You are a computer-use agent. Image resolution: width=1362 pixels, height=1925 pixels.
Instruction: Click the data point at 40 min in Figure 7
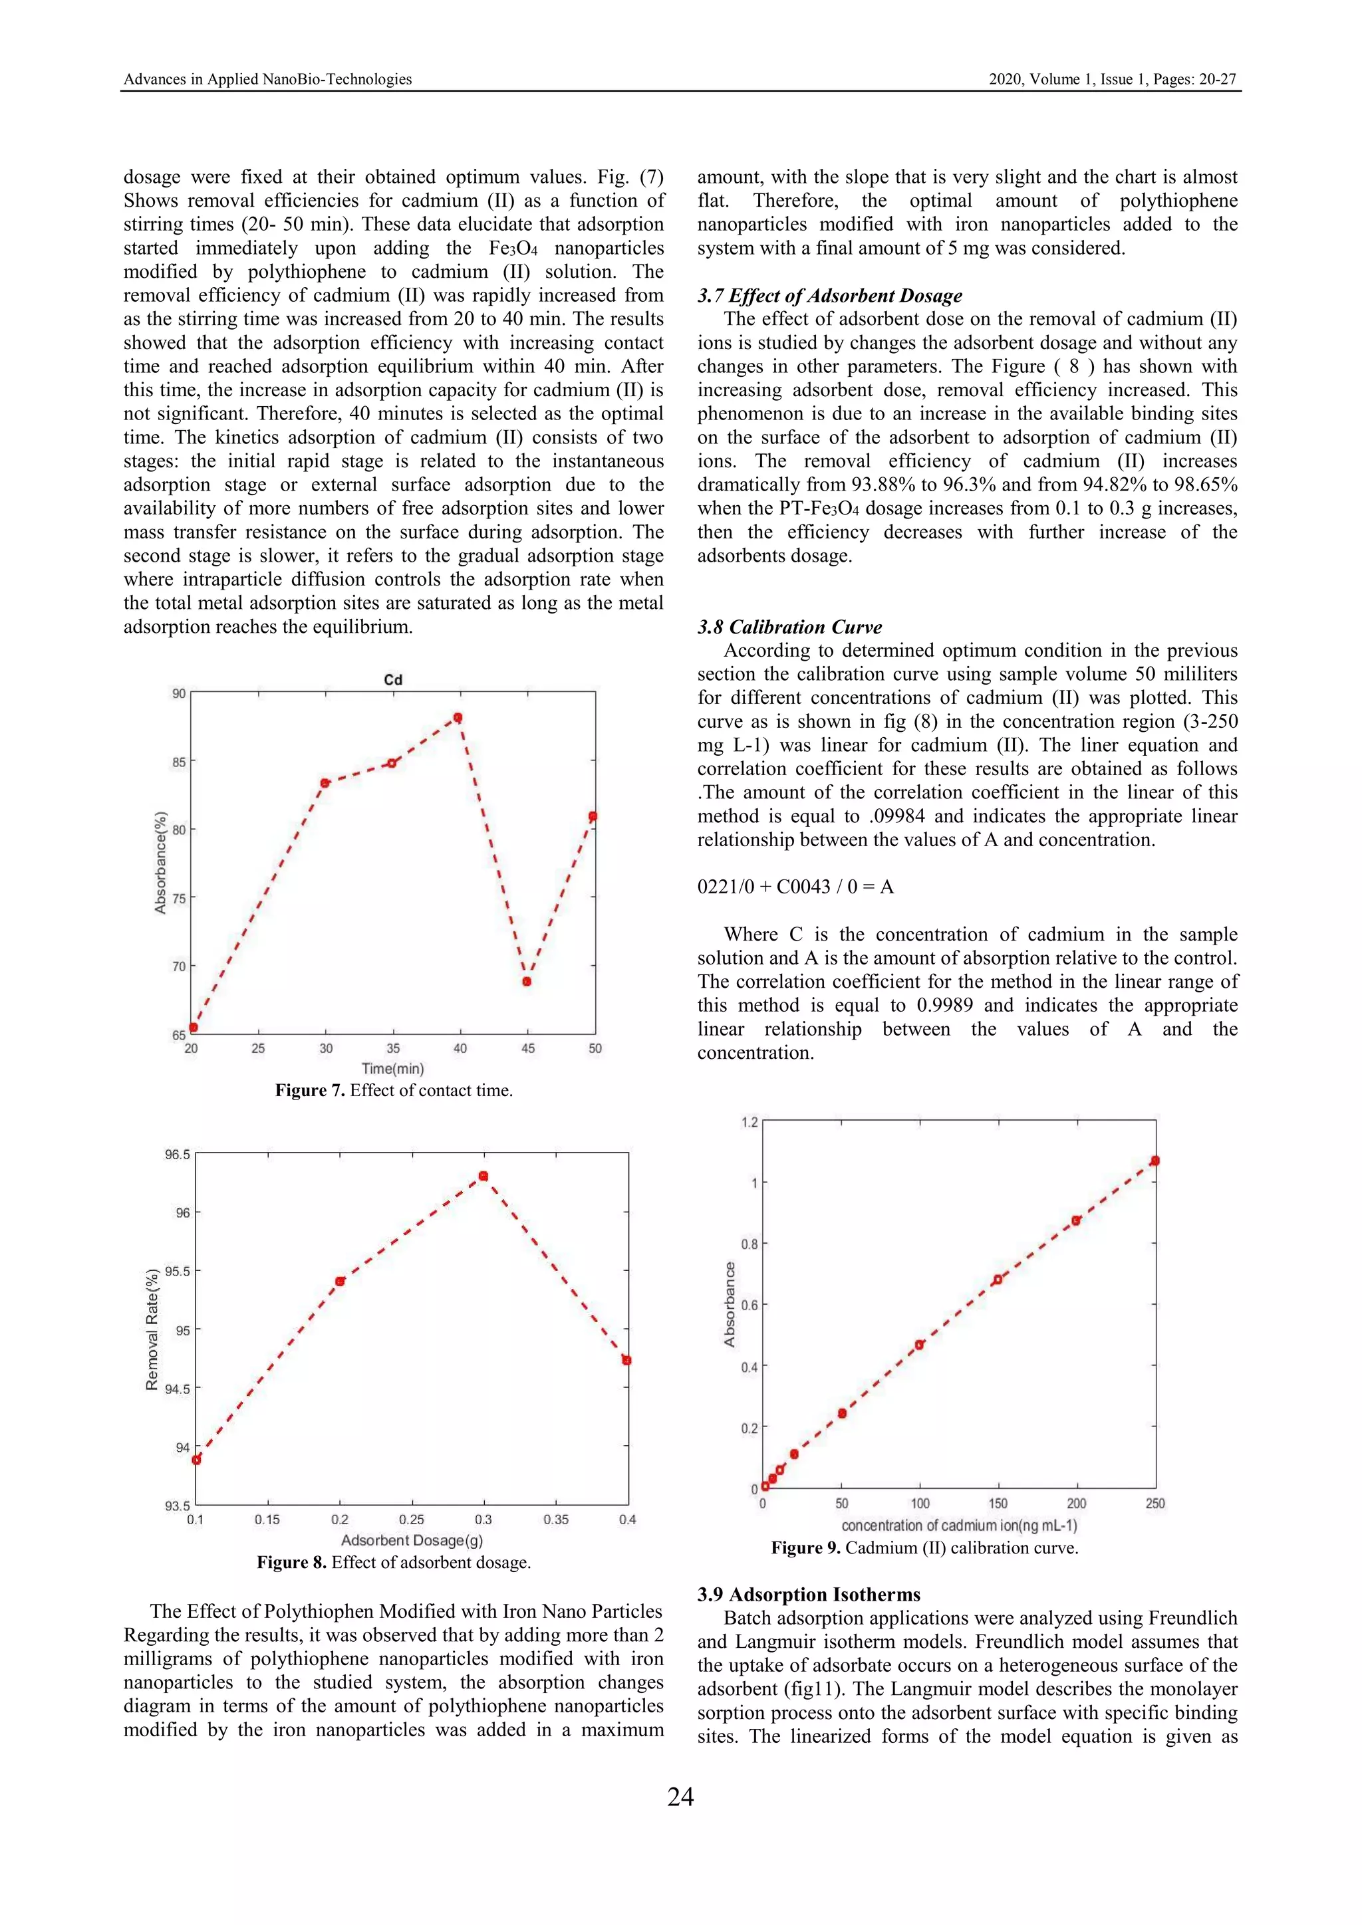coord(458,718)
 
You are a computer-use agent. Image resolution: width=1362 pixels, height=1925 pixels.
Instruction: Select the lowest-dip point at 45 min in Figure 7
coord(527,982)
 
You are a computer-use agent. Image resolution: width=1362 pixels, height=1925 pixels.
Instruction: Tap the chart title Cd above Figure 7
coord(392,679)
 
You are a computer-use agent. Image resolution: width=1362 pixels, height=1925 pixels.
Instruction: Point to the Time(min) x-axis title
coord(392,1069)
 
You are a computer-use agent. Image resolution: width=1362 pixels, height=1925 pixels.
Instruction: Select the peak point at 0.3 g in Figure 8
coord(483,1177)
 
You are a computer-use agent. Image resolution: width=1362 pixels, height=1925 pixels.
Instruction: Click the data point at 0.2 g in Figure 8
coord(340,1281)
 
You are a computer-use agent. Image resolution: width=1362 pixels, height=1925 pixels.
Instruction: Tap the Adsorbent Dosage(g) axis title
coord(411,1541)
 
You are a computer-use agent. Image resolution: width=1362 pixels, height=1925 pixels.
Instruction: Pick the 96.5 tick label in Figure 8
coord(177,1155)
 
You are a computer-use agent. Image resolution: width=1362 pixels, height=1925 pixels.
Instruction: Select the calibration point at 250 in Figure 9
coord(1155,1161)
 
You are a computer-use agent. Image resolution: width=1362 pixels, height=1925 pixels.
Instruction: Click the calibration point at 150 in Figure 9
coord(997,1280)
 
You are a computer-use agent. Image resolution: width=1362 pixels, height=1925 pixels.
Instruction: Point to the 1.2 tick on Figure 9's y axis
coord(749,1123)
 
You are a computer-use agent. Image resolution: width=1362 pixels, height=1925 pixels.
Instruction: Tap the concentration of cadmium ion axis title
coord(958,1526)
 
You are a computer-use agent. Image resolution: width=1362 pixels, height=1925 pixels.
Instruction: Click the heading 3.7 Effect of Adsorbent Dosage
coord(829,295)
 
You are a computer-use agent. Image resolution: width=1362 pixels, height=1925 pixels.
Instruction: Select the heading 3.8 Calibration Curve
coord(789,627)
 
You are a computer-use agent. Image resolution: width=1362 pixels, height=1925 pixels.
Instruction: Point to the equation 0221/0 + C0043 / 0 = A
coord(795,887)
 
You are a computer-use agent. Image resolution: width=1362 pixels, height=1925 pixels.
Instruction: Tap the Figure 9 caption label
coord(805,1547)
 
